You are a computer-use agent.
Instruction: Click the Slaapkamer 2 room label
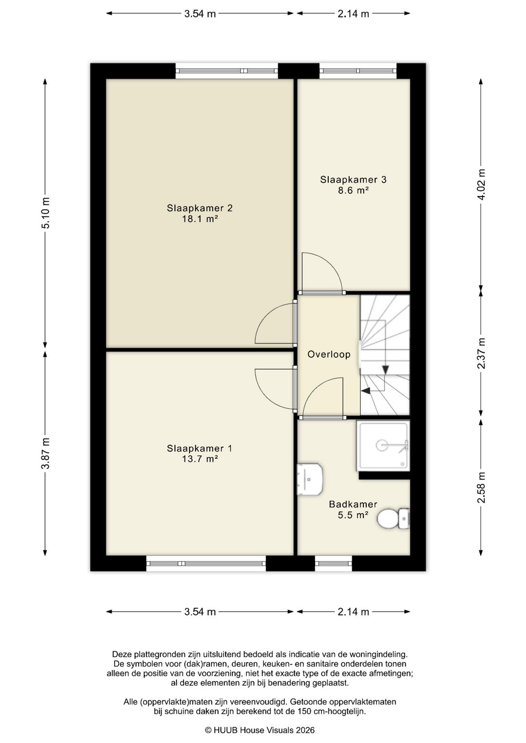click(x=200, y=208)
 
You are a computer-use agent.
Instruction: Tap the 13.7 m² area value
click(x=200, y=459)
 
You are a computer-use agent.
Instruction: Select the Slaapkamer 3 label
click(x=353, y=180)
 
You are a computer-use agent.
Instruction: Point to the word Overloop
click(x=329, y=354)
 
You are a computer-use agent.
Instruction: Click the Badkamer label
click(x=353, y=505)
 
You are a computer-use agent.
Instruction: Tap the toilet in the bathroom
click(x=394, y=518)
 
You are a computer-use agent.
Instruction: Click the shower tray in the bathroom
click(x=383, y=446)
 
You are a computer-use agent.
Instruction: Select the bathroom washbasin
click(x=309, y=479)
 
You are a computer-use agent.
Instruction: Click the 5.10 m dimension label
click(x=45, y=213)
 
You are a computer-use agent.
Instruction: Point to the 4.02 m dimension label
click(x=481, y=184)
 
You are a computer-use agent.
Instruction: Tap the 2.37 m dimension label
click(x=481, y=354)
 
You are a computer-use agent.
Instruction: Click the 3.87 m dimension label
click(x=45, y=453)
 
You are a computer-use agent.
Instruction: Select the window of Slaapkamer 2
click(x=227, y=71)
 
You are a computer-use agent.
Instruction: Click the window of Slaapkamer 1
click(x=206, y=563)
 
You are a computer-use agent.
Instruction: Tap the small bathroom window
click(x=334, y=563)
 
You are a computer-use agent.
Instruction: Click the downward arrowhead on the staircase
click(x=385, y=369)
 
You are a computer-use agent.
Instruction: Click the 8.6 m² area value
click(x=353, y=191)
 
